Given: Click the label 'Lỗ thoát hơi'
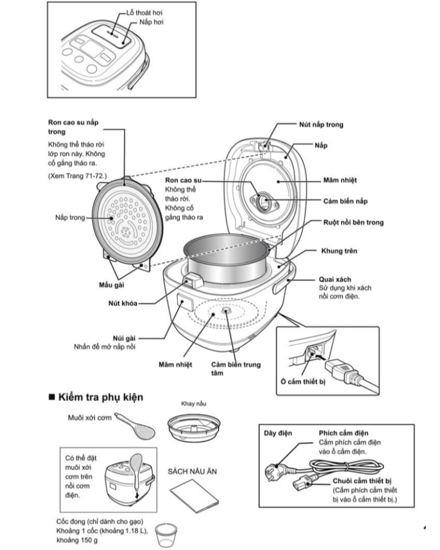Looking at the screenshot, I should [145, 12].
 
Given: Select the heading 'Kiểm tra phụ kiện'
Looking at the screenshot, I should [101, 397].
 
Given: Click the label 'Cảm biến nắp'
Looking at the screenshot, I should [345, 201].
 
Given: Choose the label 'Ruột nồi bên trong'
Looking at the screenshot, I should [353, 222].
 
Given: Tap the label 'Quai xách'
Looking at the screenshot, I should [335, 279].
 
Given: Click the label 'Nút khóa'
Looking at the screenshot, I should [122, 303].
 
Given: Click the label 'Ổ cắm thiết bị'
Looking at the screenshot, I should [302, 381].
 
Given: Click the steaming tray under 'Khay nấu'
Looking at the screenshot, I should [194, 427].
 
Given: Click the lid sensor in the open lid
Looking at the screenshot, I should [266, 202].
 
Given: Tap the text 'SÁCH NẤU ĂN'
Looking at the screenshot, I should [190, 472].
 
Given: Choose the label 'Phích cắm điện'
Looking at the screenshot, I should [343, 433].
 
